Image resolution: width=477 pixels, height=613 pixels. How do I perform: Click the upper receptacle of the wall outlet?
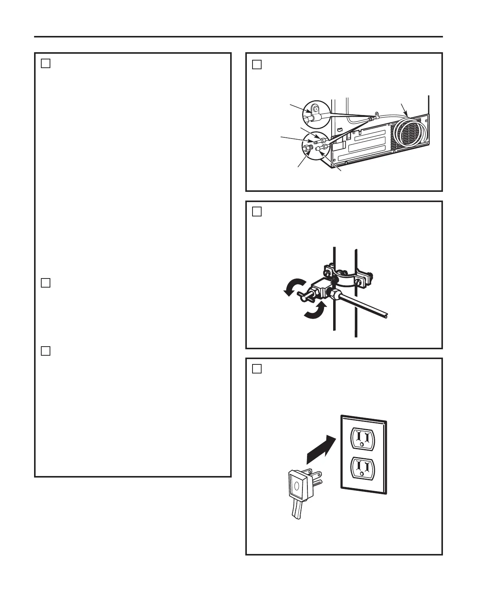[362, 438]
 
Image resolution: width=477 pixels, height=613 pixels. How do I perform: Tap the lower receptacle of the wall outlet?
[362, 468]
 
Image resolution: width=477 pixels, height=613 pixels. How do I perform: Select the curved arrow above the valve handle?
[295, 286]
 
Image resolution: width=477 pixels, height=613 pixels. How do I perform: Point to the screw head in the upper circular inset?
[314, 110]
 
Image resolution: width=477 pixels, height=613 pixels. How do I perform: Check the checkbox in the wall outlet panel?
[257, 369]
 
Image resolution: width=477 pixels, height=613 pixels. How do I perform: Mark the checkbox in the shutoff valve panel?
[257, 211]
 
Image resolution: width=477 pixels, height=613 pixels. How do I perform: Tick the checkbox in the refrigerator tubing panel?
[257, 64]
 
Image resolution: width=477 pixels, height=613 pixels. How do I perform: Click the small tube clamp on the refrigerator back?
[377, 113]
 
